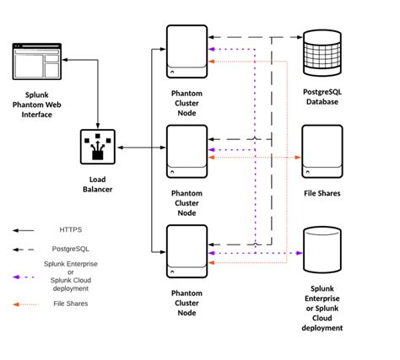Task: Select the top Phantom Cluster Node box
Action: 186,51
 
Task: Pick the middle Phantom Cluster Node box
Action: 186,150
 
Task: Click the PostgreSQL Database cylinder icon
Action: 321,51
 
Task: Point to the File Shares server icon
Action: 322,151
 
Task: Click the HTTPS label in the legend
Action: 70,228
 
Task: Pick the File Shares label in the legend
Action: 70,304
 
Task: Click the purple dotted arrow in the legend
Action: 26,277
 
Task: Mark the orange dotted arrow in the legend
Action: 26,304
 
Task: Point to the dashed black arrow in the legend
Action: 26,250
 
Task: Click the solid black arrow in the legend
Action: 26,228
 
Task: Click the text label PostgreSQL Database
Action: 321,95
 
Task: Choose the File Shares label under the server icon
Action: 322,192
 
